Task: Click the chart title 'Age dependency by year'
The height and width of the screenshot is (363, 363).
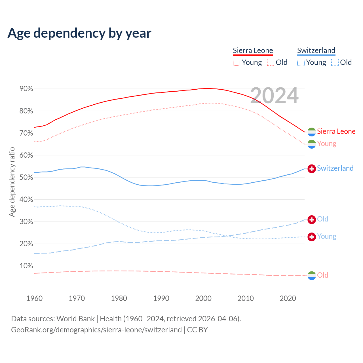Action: click(x=79, y=33)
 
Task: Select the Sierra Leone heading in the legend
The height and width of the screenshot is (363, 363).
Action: click(x=253, y=50)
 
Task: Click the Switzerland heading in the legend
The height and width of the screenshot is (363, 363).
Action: click(x=316, y=50)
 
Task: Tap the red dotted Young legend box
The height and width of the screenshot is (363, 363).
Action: click(x=237, y=62)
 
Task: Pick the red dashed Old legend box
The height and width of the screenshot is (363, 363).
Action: click(x=271, y=62)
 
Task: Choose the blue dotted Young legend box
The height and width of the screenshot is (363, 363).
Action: click(x=301, y=62)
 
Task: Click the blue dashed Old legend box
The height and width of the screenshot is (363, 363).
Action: click(x=335, y=62)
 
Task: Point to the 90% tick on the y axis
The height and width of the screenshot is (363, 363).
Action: click(x=26, y=89)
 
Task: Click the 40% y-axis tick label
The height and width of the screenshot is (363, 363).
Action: click(x=26, y=199)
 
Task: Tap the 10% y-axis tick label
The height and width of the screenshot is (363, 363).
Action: click(x=26, y=266)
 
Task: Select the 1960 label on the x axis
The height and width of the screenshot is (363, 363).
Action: click(x=34, y=298)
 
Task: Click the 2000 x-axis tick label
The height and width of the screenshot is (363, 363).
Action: click(x=203, y=298)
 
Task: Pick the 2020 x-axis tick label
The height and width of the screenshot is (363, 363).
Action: click(x=288, y=298)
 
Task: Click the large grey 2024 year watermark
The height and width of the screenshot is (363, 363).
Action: click(x=274, y=96)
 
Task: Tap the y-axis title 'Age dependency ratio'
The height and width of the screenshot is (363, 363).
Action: click(x=12, y=182)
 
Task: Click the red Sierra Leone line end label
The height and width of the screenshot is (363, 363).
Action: click(x=336, y=131)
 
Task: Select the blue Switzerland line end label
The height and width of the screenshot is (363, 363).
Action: click(x=335, y=168)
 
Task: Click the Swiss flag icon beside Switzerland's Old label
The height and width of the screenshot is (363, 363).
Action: click(x=312, y=219)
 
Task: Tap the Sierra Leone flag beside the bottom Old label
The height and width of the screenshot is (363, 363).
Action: click(x=312, y=275)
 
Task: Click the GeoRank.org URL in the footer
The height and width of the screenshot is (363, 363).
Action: click(x=96, y=330)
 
